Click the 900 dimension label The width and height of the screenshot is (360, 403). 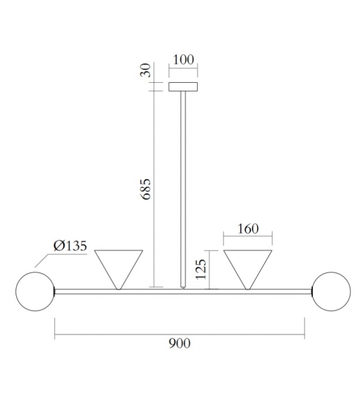(x=179, y=343)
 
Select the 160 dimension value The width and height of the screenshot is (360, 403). (x=248, y=228)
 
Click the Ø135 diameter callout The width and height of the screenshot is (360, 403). (x=71, y=245)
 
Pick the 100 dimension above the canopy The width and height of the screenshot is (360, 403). (x=183, y=60)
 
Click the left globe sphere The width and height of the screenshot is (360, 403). (x=35, y=291)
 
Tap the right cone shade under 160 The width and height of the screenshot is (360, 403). (x=248, y=267)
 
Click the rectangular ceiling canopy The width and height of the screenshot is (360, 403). (x=183, y=87)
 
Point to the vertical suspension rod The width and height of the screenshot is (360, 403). (x=183, y=188)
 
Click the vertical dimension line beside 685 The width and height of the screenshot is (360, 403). (x=154, y=188)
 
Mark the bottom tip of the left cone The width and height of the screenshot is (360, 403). (x=118, y=288)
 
